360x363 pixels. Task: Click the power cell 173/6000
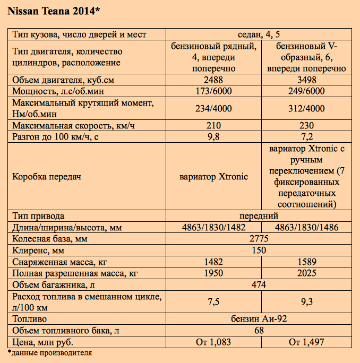[x=213, y=91]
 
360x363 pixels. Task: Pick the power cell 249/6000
[x=306, y=91]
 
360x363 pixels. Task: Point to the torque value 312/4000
[x=306, y=109]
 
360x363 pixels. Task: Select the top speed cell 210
[x=213, y=126]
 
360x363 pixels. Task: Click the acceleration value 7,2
[x=306, y=136]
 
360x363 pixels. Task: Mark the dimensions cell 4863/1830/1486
[x=306, y=228]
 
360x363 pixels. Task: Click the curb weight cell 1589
[x=306, y=262]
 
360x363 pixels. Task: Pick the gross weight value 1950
[x=213, y=273]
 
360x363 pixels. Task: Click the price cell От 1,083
[x=213, y=342]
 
